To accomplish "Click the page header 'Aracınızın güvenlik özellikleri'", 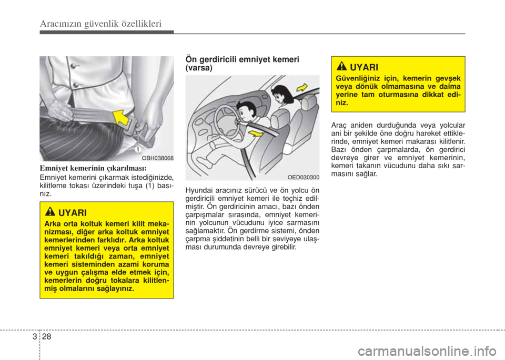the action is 100,24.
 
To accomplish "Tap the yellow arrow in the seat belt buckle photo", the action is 121,118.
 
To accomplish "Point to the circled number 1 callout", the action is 138,149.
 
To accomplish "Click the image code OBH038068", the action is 158,158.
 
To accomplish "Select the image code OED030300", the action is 304,177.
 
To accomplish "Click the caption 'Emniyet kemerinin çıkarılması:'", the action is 93,168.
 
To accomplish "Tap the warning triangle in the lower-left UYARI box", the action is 50,212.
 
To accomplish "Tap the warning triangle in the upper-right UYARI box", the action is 342,67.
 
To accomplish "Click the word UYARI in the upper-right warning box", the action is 364,68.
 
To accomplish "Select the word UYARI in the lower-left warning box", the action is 73,213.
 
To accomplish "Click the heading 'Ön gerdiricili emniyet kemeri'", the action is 242,59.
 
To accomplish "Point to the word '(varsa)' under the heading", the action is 199,68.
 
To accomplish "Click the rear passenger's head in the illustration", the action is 281,94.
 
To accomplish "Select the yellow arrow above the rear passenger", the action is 302,87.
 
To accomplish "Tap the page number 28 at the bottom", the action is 46,337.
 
